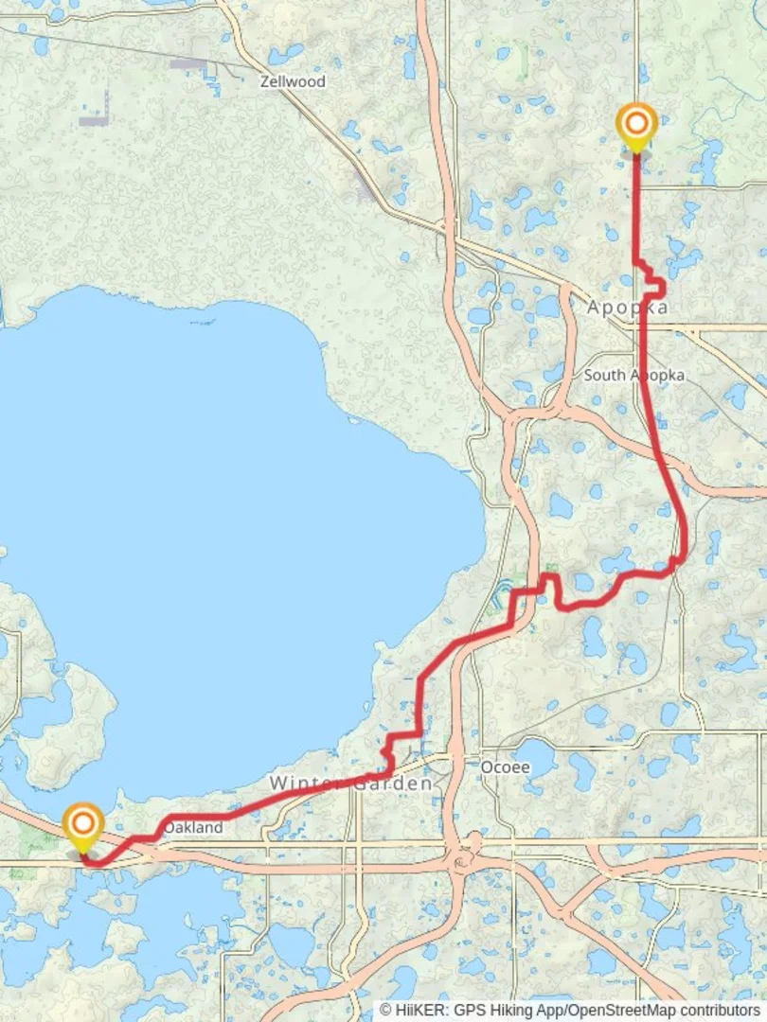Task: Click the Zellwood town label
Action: (293, 82)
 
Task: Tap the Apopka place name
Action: (627, 308)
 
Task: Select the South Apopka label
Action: (633, 376)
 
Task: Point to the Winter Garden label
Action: (351, 784)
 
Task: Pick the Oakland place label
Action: (193, 828)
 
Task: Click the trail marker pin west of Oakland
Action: (83, 827)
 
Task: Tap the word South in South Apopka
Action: (603, 376)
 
